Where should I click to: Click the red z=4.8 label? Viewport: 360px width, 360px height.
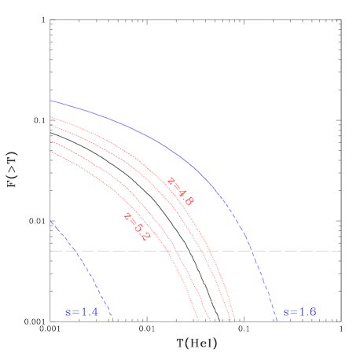point(180,191)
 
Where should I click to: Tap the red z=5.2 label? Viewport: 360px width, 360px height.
point(136,226)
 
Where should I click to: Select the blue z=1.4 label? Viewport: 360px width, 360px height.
point(82,312)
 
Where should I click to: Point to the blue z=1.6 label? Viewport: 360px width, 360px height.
point(299,312)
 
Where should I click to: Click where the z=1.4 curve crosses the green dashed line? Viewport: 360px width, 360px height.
point(77,251)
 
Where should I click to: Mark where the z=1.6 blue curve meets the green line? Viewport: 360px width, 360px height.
point(252,251)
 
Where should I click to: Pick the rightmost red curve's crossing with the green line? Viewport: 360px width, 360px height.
point(211,251)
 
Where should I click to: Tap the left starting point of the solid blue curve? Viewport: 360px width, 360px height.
point(51,101)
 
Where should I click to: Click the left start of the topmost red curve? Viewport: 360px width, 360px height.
point(51,117)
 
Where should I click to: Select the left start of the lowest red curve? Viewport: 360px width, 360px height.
point(51,152)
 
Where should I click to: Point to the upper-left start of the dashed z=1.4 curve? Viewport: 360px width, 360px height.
point(51,221)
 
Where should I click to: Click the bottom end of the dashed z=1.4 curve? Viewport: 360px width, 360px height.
point(114,321)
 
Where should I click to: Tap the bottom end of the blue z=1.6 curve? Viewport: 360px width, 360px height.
point(277,321)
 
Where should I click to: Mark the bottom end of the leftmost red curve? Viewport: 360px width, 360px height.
point(199,321)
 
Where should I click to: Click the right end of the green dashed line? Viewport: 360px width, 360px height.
point(340,251)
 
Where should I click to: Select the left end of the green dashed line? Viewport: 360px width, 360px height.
point(51,251)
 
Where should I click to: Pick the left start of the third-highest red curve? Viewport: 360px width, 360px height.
point(51,141)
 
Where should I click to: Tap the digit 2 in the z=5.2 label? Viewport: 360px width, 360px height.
point(145,235)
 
